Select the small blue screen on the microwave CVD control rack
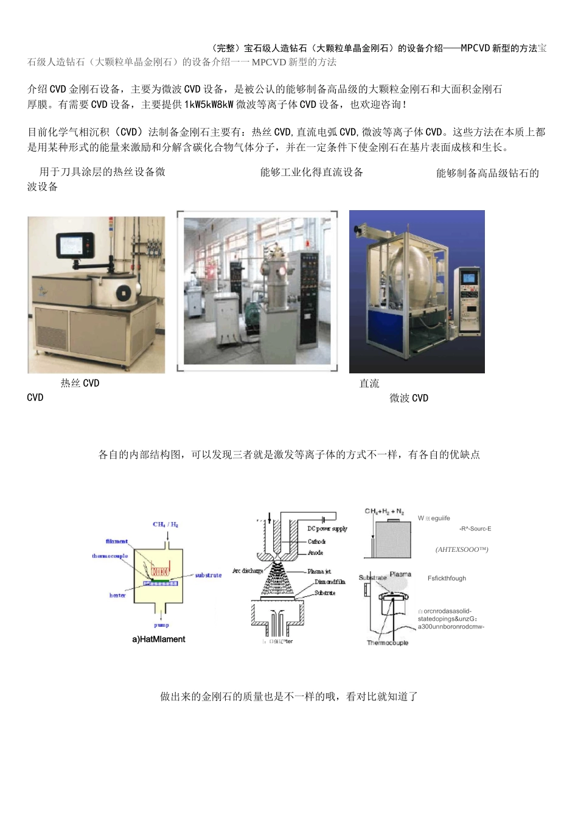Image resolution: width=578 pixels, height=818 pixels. pyautogui.click(x=468, y=278)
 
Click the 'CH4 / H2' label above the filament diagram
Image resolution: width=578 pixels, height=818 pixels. pyautogui.click(x=165, y=524)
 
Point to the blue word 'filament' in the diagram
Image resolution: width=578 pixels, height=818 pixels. pyautogui.click(x=117, y=541)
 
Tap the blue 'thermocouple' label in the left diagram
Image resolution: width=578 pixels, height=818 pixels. pyautogui.click(x=110, y=556)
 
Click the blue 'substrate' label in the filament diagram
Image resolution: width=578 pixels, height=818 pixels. pyautogui.click(x=208, y=575)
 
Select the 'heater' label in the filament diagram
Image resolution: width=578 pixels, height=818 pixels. pyautogui.click(x=117, y=595)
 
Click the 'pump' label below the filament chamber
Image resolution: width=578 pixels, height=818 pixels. pyautogui.click(x=161, y=625)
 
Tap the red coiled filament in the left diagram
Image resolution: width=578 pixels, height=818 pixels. pyautogui.click(x=161, y=571)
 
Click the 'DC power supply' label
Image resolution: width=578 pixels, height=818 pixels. pyautogui.click(x=327, y=529)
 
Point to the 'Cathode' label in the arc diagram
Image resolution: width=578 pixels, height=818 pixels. pyautogui.click(x=316, y=541)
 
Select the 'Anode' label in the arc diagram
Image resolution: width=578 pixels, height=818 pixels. pyautogui.click(x=315, y=552)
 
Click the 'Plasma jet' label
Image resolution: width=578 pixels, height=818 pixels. pyautogui.click(x=319, y=571)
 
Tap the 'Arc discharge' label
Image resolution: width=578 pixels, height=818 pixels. pyautogui.click(x=248, y=571)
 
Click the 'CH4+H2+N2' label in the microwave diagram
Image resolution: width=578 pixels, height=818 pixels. pyautogui.click(x=384, y=512)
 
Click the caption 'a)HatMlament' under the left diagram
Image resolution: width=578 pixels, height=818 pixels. pyautogui.click(x=159, y=639)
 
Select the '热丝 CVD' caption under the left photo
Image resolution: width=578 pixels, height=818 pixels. pyautogui.click(x=80, y=383)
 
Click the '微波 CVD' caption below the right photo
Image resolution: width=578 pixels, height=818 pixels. pyautogui.click(x=409, y=398)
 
